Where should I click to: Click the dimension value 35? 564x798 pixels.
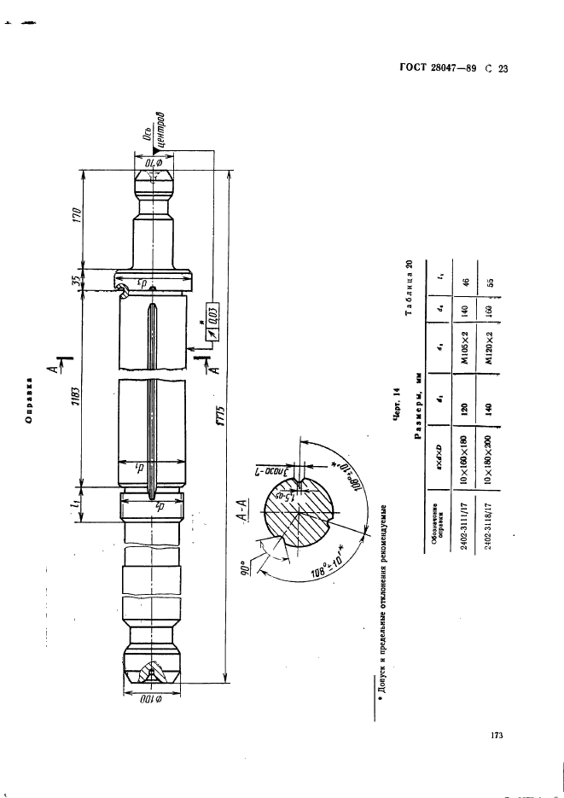[x=75, y=279]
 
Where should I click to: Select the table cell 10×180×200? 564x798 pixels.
[x=486, y=455]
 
